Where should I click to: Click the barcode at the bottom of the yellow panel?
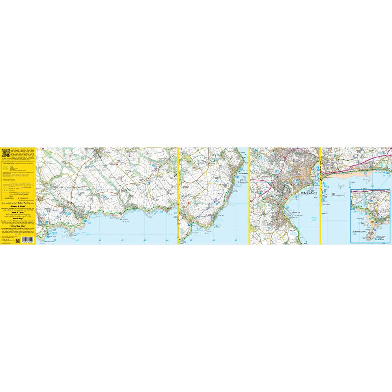(11, 239)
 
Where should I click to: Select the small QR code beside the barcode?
(23, 239)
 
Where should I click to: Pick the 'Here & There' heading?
(18, 211)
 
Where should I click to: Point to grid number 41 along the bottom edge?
(100, 240)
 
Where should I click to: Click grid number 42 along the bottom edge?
(123, 240)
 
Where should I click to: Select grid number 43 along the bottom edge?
(145, 240)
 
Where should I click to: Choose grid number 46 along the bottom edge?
(213, 240)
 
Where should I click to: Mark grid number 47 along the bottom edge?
(236, 240)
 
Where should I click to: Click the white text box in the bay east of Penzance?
(338, 194)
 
